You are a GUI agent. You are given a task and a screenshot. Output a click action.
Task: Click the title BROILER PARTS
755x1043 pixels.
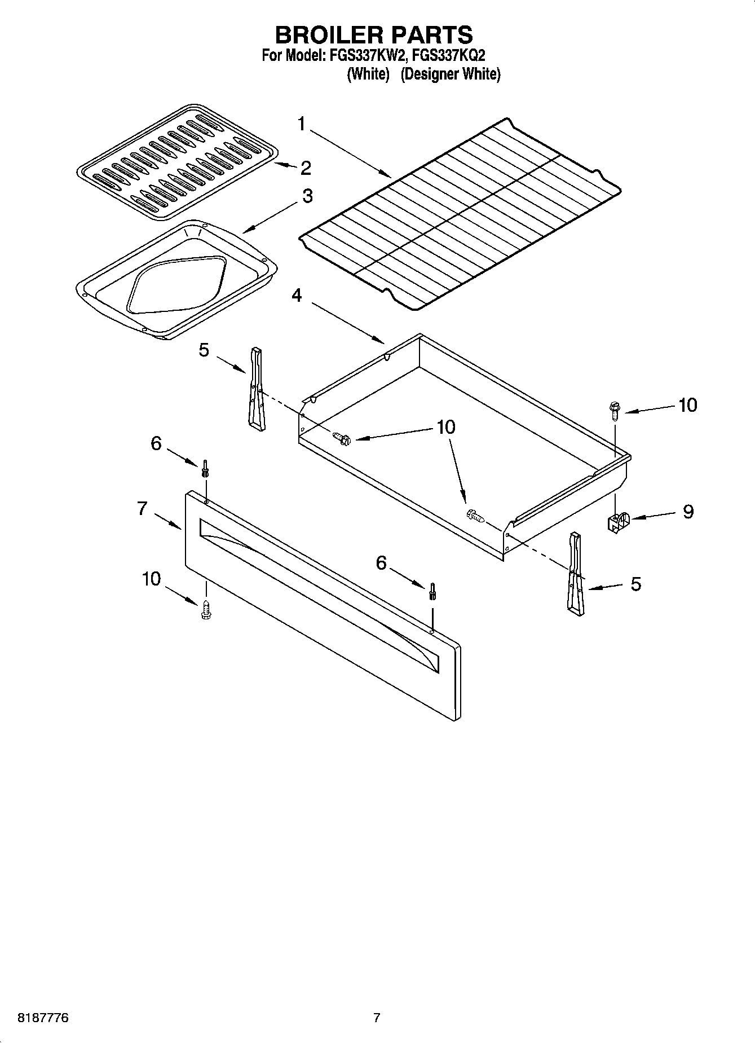click(x=373, y=35)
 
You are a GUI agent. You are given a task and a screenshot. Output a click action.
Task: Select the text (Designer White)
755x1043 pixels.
click(x=450, y=74)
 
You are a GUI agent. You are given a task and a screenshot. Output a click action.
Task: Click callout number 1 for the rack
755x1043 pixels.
click(x=302, y=124)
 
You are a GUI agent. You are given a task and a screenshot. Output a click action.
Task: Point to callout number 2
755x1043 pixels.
click(x=306, y=168)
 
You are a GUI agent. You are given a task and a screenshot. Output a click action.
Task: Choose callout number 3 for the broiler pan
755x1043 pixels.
click(x=307, y=196)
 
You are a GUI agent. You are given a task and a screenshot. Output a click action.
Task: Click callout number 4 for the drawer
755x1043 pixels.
click(x=297, y=295)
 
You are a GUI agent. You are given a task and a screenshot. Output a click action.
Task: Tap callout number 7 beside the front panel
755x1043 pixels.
click(x=143, y=508)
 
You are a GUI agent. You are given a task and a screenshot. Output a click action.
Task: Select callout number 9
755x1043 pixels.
click(x=688, y=512)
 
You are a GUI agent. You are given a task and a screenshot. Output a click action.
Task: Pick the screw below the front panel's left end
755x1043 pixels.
click(x=206, y=610)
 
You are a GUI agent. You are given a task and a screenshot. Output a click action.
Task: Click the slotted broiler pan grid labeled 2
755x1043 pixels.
click(x=176, y=162)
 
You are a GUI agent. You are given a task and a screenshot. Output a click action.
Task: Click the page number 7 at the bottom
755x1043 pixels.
click(x=377, y=1018)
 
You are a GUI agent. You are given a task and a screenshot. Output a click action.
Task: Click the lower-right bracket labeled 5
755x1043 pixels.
click(x=575, y=573)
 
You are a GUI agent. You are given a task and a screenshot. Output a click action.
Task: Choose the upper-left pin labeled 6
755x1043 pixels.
click(x=205, y=467)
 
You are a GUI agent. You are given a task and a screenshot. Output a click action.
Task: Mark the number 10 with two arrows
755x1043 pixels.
click(x=445, y=427)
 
